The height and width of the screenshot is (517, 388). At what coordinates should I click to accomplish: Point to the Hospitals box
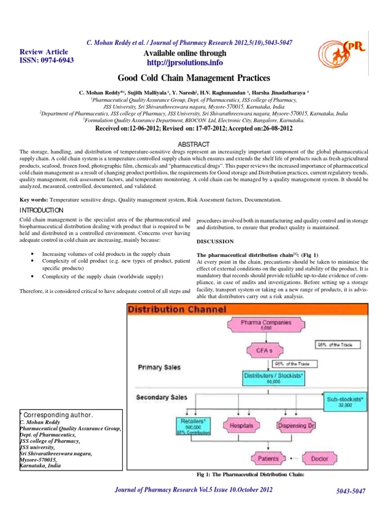241,426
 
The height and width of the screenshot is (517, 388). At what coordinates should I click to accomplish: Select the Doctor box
319,458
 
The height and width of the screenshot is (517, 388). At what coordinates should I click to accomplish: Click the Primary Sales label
159,368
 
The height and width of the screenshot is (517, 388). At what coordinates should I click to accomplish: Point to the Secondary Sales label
162,397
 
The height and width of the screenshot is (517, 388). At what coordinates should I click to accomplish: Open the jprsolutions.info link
183,63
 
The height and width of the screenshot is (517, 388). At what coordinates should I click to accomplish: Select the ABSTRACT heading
194,143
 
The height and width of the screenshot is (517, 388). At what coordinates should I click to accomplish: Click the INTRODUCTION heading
41,210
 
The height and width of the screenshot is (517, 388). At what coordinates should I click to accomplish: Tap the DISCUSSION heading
215,241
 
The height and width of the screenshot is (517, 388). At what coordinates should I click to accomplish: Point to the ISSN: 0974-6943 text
46,60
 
